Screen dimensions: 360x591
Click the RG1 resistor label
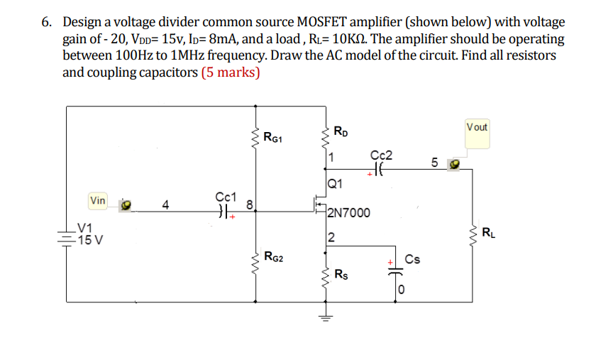272,138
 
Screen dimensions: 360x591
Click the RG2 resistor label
272,256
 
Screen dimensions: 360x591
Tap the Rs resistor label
341,275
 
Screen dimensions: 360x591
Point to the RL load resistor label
488,232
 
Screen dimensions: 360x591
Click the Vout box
477,128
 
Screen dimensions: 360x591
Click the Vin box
98,201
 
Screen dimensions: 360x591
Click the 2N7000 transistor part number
349,212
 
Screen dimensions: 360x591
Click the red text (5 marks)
231,72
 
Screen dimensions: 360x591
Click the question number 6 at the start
45,23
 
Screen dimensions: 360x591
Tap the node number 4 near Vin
165,206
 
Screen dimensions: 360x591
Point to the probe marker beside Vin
126,204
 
